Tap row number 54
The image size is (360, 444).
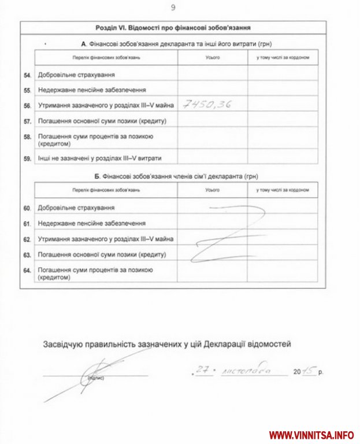27,75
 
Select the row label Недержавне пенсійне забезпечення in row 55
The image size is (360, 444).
91,90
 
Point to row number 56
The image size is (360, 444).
27,106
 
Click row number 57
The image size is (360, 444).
27,121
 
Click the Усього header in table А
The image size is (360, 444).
212,58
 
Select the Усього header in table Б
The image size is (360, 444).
212,190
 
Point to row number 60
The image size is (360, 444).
27,207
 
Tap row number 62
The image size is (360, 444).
27,238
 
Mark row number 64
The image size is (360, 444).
27,270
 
